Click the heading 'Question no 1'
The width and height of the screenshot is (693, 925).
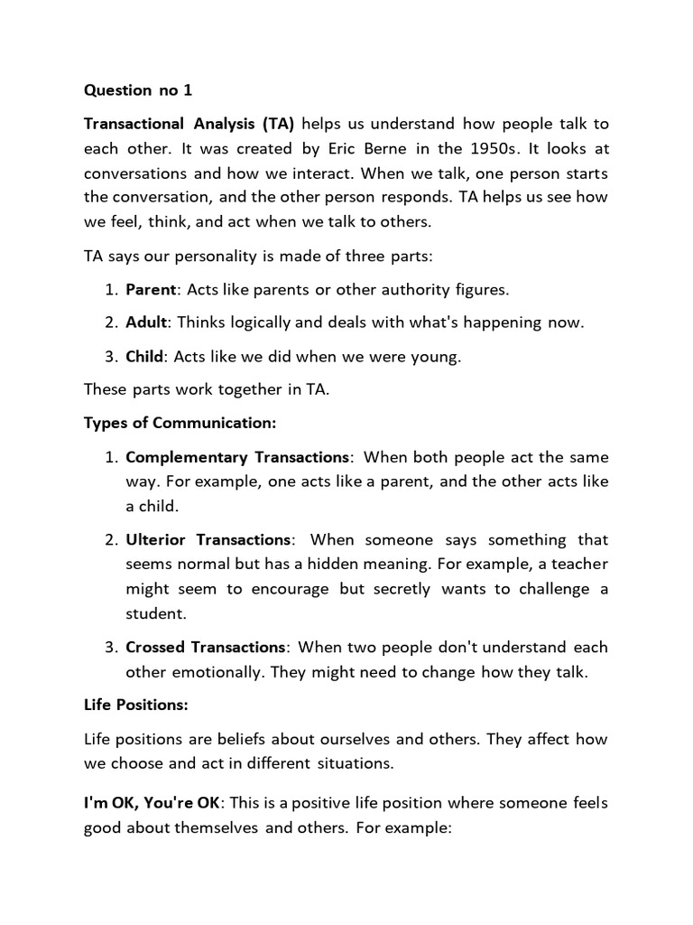click(x=138, y=90)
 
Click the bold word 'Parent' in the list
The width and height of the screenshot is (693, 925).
click(x=152, y=290)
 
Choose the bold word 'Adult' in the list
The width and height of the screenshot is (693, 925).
click(x=146, y=322)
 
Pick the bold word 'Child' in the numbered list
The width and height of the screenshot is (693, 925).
click(x=144, y=356)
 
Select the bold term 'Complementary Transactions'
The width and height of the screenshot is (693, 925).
click(x=236, y=457)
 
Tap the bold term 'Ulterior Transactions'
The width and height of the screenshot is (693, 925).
click(x=208, y=540)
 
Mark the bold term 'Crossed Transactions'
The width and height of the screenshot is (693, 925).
click(x=206, y=648)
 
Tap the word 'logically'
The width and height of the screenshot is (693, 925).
click(x=252, y=322)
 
